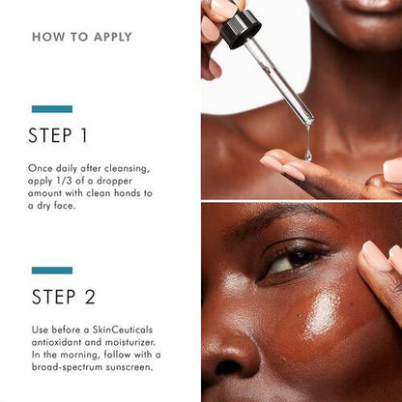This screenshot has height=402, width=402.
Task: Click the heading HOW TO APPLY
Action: click(x=82, y=38)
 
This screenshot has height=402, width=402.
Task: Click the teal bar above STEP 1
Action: click(x=52, y=109)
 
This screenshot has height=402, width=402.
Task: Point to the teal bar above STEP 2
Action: click(x=52, y=271)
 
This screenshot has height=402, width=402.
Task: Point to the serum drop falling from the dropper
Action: click(x=308, y=153)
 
